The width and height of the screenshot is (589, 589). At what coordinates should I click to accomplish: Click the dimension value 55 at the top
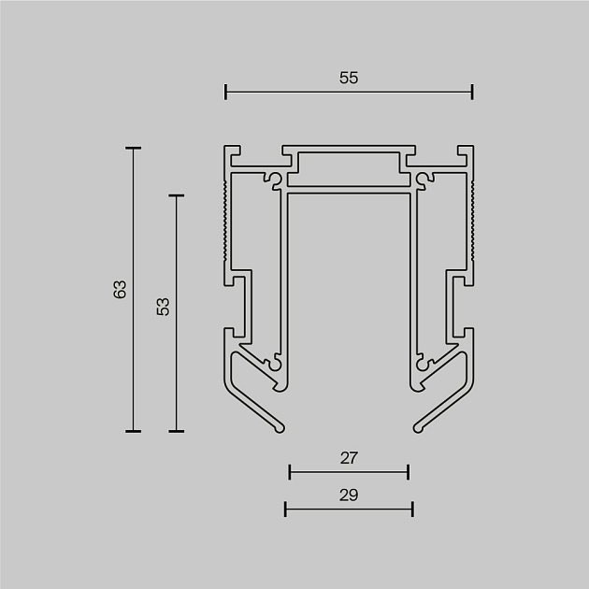[349, 79]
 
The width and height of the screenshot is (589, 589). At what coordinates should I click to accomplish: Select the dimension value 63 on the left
[120, 289]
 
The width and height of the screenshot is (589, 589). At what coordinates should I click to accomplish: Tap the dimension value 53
[163, 306]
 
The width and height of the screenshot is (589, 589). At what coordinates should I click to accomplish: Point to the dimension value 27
[349, 458]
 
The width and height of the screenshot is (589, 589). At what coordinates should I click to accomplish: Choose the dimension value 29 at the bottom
[349, 496]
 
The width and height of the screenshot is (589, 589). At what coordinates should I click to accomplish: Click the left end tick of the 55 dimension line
[226, 92]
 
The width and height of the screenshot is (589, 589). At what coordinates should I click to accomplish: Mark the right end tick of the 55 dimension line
[472, 92]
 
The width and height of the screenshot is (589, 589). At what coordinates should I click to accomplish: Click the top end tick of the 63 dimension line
[133, 148]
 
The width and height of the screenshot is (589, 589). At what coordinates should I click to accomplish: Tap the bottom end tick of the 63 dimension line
[133, 431]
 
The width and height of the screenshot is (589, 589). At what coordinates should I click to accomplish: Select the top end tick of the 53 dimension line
[176, 195]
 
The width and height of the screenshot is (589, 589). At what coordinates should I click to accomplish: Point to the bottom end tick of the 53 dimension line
[176, 431]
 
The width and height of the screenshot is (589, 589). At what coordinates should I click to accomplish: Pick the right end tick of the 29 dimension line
[412, 509]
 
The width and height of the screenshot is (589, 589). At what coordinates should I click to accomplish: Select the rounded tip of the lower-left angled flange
[280, 429]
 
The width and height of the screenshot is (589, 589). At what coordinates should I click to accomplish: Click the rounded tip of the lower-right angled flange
[418, 429]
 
